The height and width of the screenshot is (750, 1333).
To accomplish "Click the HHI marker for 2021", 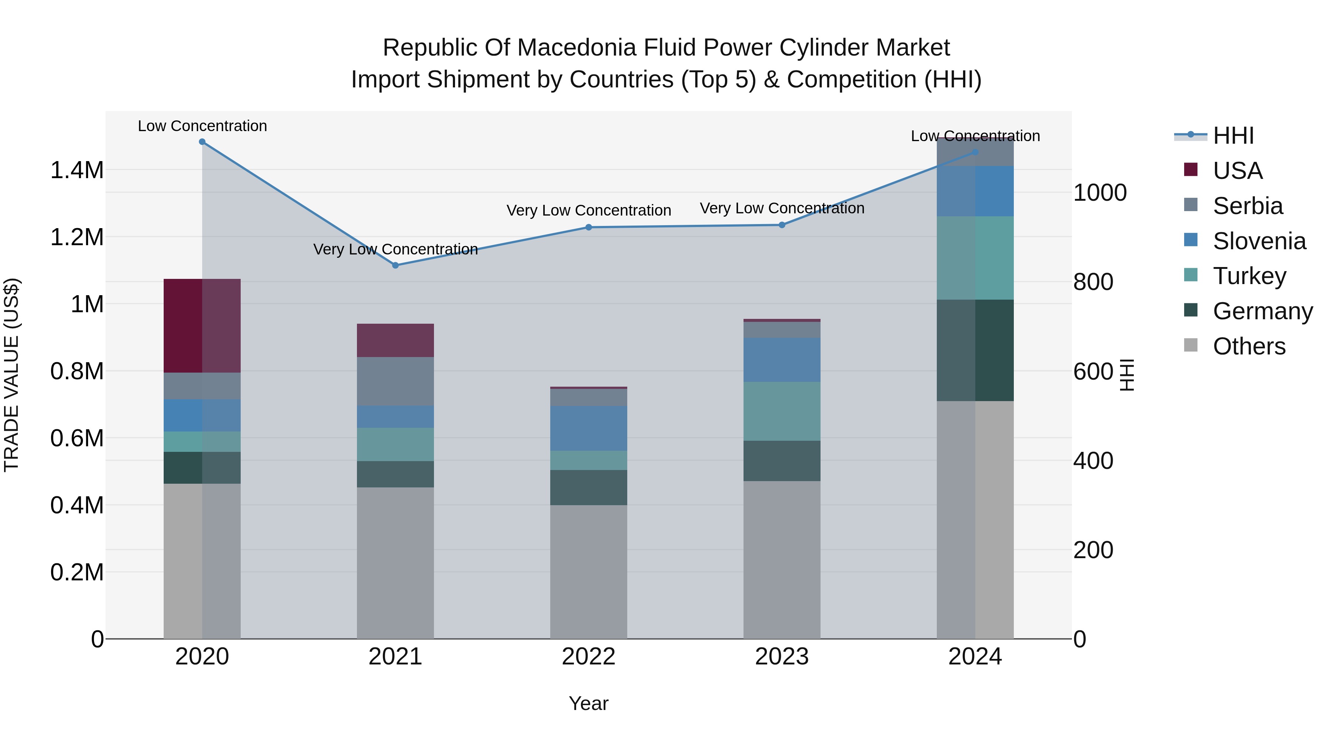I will tap(395, 265).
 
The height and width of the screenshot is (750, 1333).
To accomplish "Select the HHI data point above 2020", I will tap(202, 142).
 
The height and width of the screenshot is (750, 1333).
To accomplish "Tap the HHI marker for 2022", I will tap(588, 227).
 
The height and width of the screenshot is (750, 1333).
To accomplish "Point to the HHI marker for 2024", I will tap(975, 152).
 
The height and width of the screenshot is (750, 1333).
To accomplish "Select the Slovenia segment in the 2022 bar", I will tap(588, 428).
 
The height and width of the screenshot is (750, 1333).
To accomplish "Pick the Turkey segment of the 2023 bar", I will tap(782, 411).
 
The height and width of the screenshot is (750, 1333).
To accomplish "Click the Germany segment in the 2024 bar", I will tap(975, 350).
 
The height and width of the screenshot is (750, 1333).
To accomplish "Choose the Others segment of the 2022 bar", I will tap(588, 571).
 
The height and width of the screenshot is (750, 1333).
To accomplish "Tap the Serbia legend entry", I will tap(1247, 206).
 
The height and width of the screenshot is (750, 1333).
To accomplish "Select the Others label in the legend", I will tap(1249, 346).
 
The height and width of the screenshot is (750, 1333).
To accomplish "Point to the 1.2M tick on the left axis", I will tap(77, 237).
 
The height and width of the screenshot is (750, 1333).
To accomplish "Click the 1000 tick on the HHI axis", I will tap(1100, 193).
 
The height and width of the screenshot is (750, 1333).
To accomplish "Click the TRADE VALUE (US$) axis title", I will tap(11, 375).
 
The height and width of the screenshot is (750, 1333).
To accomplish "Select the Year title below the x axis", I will tap(588, 703).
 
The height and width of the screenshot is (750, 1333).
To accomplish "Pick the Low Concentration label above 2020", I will tap(202, 126).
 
